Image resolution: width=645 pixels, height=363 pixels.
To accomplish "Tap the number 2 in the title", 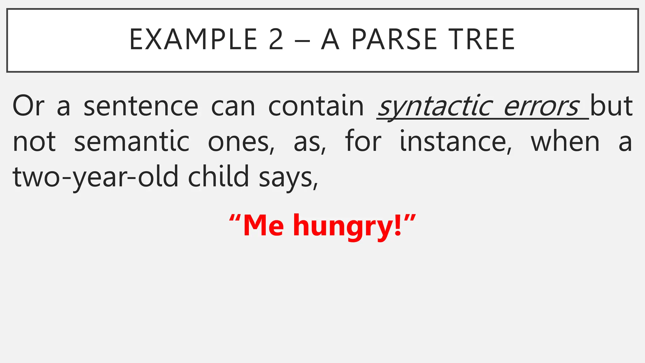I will [x=276, y=40].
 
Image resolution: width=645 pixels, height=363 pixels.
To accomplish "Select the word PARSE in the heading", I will [x=394, y=40].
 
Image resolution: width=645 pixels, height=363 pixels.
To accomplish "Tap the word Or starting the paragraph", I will [x=28, y=107].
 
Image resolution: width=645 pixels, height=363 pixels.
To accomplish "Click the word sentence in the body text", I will [x=141, y=107].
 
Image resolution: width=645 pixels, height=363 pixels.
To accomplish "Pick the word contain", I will [x=316, y=107].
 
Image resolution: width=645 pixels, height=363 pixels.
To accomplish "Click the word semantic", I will [x=132, y=142].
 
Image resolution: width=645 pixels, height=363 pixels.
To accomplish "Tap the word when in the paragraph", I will [x=565, y=142].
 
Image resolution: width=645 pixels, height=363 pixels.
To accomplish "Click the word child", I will [x=219, y=176].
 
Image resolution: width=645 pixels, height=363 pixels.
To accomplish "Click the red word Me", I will [x=263, y=226].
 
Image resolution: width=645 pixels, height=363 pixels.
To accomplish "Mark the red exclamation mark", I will [x=398, y=226].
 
